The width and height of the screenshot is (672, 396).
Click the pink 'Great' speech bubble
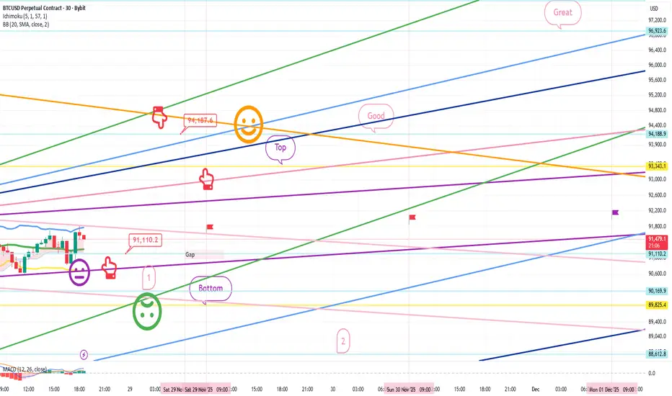click(562, 13)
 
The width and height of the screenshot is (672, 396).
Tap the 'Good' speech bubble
click(376, 116)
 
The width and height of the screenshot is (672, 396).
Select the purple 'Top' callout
click(280, 148)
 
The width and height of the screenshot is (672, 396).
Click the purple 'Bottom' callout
click(211, 289)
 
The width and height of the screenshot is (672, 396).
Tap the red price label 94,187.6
click(200, 121)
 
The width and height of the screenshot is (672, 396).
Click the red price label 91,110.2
click(144, 240)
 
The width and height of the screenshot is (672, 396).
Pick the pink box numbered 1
click(148, 276)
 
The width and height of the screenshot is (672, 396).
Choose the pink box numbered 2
click(343, 341)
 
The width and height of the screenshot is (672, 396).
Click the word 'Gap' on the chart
click(190, 255)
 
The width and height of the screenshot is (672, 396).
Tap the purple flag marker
click(616, 212)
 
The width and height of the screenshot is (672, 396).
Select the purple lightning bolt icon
click(85, 354)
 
